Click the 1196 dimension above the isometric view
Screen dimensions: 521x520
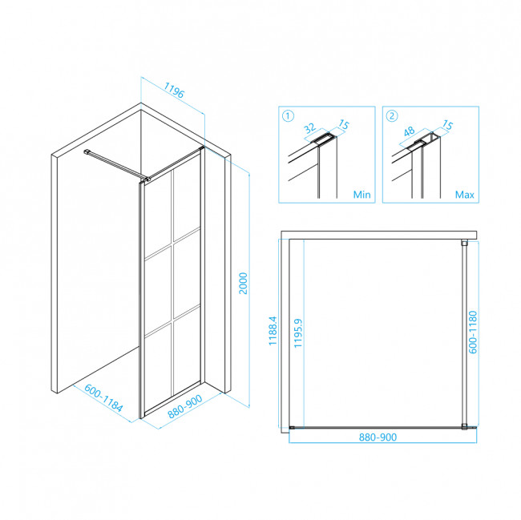pyautogui.click(x=173, y=91)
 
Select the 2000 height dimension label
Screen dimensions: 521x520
pyautogui.click(x=243, y=284)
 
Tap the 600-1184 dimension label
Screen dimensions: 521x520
pyautogui.click(x=103, y=397)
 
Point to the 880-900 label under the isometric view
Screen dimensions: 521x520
pyautogui.click(x=184, y=406)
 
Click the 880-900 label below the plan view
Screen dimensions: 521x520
pyautogui.click(x=378, y=437)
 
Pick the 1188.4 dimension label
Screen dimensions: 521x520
pyautogui.click(x=273, y=331)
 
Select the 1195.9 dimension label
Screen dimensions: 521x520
pyautogui.click(x=298, y=333)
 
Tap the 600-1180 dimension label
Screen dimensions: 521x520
pyautogui.click(x=472, y=332)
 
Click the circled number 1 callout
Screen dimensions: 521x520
pyautogui.click(x=288, y=116)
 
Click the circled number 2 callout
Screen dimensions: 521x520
pyautogui.click(x=392, y=116)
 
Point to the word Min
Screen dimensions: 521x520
pyautogui.click(x=361, y=194)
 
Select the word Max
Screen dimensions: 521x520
pyautogui.click(x=464, y=194)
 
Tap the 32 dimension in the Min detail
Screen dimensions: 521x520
pyautogui.click(x=310, y=128)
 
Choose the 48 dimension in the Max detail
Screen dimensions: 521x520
pyautogui.click(x=409, y=131)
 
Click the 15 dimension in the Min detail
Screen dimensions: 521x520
pyautogui.click(x=344, y=124)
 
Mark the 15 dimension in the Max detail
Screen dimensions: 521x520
pyautogui.click(x=447, y=125)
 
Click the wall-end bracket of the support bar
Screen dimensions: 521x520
pyautogui.click(x=87, y=151)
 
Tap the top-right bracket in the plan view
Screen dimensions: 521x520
pyautogui.click(x=464, y=243)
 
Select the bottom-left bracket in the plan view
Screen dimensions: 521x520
pyautogui.click(x=292, y=428)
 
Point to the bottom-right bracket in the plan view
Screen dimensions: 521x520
pyautogui.click(x=465, y=427)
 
